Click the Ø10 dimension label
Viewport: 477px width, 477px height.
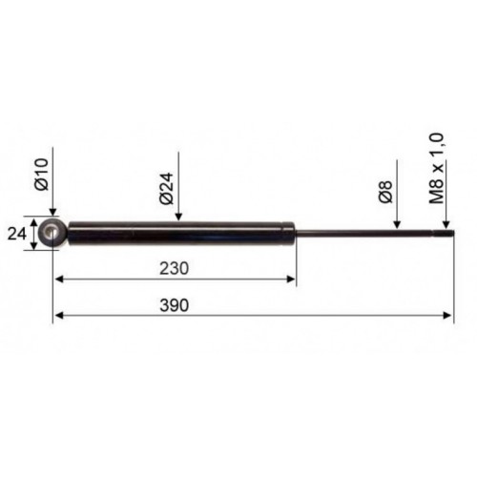[42, 175]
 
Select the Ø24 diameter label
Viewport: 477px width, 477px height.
[167, 188]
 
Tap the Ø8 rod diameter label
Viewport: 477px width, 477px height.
[385, 192]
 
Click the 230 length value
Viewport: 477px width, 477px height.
[174, 268]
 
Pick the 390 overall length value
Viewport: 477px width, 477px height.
[175, 305]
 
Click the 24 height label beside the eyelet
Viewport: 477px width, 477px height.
[16, 235]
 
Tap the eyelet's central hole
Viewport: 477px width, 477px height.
[52, 233]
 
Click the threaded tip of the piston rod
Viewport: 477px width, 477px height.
[445, 233]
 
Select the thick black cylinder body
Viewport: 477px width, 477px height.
[180, 233]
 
